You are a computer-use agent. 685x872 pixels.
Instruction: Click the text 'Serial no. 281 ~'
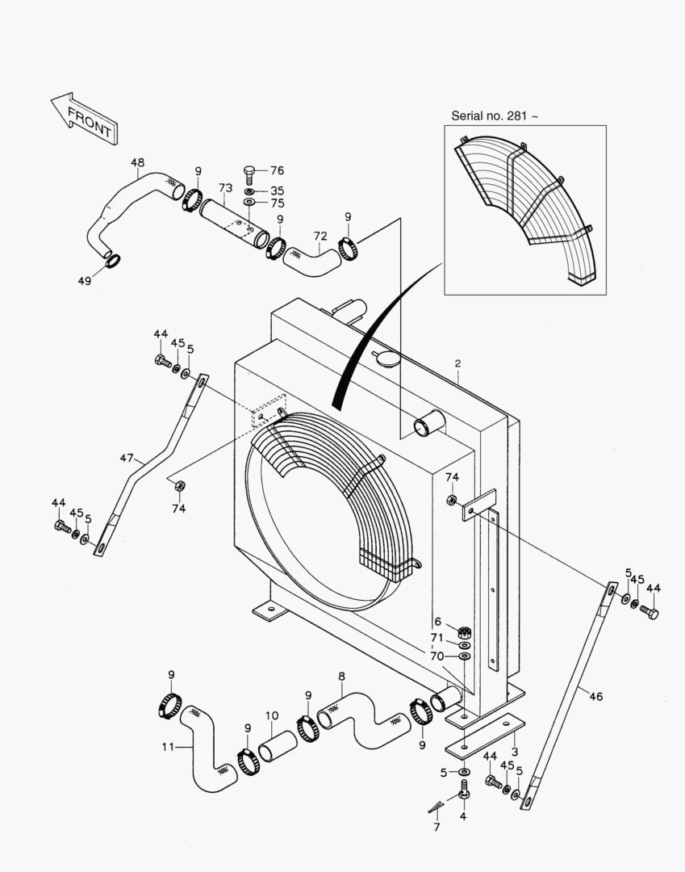[x=494, y=116]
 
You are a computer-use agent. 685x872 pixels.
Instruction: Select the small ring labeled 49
[x=114, y=260]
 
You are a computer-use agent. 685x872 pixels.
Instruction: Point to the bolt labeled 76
[x=250, y=173]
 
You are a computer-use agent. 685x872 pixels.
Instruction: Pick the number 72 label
[x=320, y=236]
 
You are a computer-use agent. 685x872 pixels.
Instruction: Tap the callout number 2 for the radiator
[x=457, y=364]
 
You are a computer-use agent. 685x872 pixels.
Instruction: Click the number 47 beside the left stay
[x=127, y=458]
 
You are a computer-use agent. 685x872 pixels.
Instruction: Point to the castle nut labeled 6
[x=464, y=631]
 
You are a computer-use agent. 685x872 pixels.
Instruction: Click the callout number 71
[x=436, y=638]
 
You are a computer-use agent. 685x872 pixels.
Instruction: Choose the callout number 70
[x=436, y=656]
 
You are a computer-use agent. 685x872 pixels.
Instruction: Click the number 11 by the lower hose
[x=167, y=747]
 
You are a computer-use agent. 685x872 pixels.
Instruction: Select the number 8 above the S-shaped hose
[x=341, y=677]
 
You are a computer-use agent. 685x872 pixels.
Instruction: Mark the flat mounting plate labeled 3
[x=482, y=736]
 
